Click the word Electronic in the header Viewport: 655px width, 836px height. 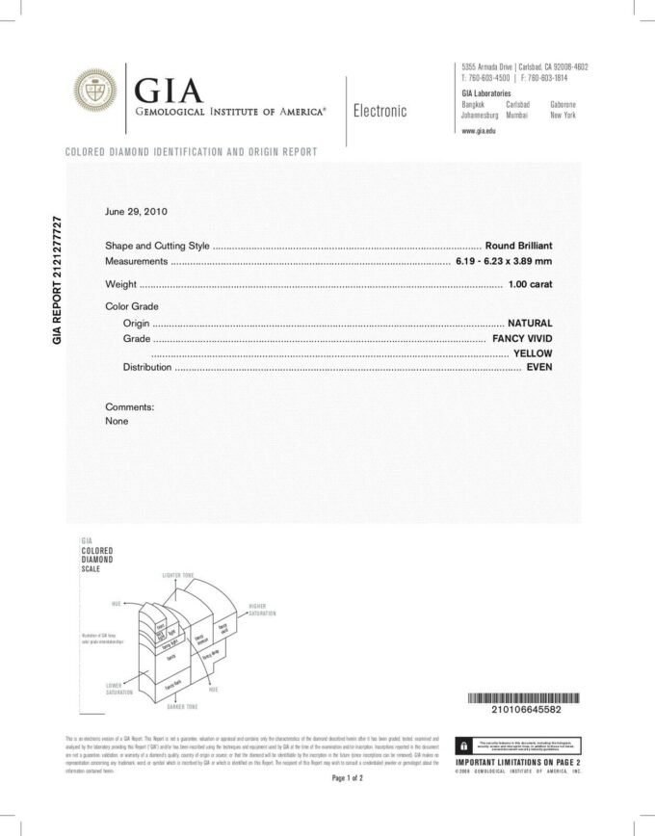[380, 111]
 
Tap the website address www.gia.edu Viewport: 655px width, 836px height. [479, 130]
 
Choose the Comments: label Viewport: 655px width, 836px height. [129, 406]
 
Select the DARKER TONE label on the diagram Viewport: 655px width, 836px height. [180, 707]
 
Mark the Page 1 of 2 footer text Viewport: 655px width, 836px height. [346, 777]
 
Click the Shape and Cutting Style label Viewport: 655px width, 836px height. [156, 246]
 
